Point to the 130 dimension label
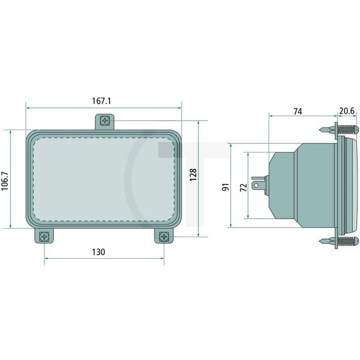[98, 252]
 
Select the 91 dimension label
[225, 187]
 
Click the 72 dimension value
[242, 187]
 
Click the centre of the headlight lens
[104, 178]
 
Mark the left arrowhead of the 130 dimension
[46, 258]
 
